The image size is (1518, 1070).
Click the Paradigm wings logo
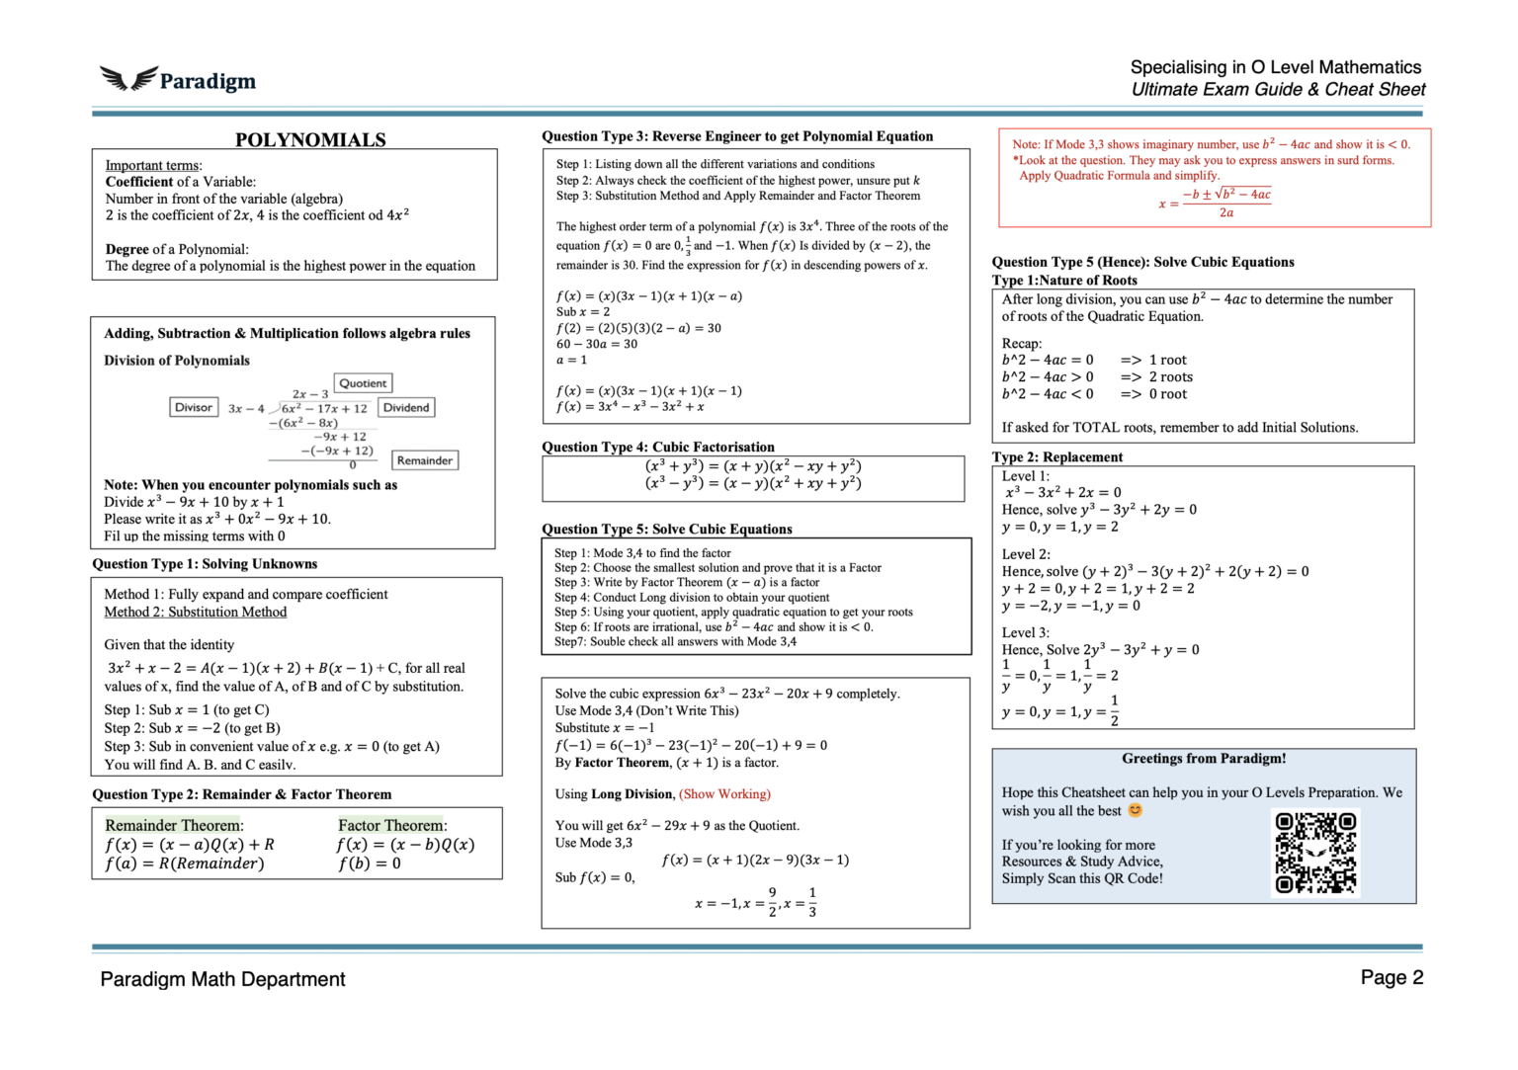click(128, 79)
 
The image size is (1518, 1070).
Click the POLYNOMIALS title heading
click(310, 139)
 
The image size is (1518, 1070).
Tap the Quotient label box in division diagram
click(363, 383)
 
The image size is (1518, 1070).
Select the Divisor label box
click(193, 407)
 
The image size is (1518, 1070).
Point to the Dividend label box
click(406, 407)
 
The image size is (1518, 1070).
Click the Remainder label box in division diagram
click(425, 460)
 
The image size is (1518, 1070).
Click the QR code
click(1315, 853)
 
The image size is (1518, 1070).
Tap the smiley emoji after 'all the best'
click(1136, 810)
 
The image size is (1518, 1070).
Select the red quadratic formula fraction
click(1225, 203)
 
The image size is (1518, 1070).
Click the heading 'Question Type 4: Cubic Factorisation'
click(657, 447)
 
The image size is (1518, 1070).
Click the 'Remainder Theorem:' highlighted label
click(174, 825)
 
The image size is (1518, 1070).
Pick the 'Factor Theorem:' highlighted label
click(391, 825)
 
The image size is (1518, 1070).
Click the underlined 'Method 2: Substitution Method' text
click(196, 612)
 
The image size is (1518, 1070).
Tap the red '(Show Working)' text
click(724, 793)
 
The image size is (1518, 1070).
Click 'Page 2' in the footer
click(1391, 977)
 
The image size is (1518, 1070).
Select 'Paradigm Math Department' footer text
click(222, 979)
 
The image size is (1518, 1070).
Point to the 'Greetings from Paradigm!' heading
click(1203, 759)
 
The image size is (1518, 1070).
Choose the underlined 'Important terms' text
click(152, 165)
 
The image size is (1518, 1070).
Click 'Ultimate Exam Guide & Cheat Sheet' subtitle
click(1278, 90)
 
